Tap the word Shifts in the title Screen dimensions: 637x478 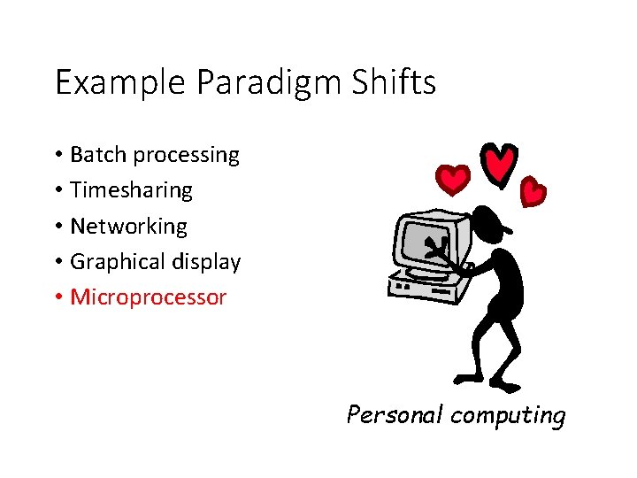(x=395, y=82)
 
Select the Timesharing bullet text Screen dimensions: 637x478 (x=131, y=190)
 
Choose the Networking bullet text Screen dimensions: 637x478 (x=128, y=227)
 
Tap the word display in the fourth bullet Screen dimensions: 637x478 (x=205, y=262)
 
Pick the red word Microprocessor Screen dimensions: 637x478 (x=148, y=297)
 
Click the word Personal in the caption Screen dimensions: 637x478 (x=395, y=414)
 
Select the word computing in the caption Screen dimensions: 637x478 (x=507, y=415)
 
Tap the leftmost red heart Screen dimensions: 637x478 (x=455, y=180)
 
